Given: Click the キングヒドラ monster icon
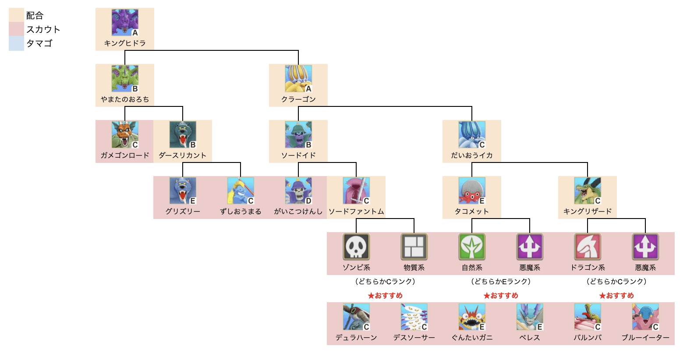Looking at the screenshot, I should [125, 22].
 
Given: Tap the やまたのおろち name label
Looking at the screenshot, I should [125, 99].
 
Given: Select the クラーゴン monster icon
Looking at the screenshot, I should [298, 78].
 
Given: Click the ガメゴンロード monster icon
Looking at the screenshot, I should [125, 134].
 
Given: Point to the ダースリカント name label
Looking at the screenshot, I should [183, 155].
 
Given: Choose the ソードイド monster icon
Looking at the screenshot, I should [298, 134].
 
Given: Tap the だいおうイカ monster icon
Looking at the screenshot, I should [472, 134].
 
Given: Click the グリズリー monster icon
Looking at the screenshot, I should [183, 191].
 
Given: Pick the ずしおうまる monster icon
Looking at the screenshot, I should [241, 191].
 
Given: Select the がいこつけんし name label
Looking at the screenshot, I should [298, 212].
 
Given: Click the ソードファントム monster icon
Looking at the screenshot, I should [356, 191].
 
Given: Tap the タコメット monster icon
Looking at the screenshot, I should [472, 191].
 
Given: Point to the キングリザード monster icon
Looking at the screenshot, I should [588, 191].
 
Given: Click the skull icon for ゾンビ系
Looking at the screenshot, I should [356, 247].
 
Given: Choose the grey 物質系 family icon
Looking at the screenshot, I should [414, 247].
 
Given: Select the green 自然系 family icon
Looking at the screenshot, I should [472, 247].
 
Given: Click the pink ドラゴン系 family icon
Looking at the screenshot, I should [588, 247].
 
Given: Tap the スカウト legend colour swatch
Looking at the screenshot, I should [16, 29].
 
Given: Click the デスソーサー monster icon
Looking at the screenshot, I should [414, 317].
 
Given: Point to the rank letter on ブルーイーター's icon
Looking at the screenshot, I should [655, 327].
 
